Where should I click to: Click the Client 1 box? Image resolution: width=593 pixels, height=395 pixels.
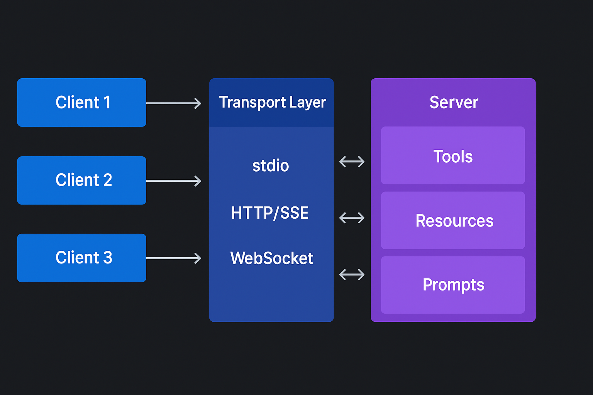click(81, 103)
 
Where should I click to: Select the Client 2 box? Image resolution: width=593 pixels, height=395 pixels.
click(81, 180)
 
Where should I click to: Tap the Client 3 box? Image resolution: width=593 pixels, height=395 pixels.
click(81, 258)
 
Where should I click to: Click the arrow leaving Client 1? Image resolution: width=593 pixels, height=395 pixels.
click(174, 103)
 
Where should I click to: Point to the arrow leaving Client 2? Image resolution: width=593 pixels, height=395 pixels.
click(174, 181)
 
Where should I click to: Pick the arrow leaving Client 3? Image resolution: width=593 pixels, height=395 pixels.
click(174, 258)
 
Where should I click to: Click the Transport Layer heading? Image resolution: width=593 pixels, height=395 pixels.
click(272, 103)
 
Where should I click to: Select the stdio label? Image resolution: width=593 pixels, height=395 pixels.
click(271, 166)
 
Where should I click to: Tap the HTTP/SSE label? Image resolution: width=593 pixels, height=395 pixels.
click(270, 213)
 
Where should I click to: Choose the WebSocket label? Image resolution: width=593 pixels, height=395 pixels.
click(271, 258)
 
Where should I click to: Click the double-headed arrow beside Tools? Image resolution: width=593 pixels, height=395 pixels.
click(352, 161)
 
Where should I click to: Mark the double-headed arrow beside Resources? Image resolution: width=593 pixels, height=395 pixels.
click(352, 218)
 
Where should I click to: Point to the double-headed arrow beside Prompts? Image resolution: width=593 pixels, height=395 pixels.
click(352, 275)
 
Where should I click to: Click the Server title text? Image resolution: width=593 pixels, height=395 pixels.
click(454, 103)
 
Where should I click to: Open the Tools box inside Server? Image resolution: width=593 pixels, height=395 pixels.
click(453, 155)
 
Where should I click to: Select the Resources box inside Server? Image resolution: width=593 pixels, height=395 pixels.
click(453, 220)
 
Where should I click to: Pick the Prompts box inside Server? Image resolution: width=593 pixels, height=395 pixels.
click(453, 285)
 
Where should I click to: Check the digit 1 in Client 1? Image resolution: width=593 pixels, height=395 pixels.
click(107, 103)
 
